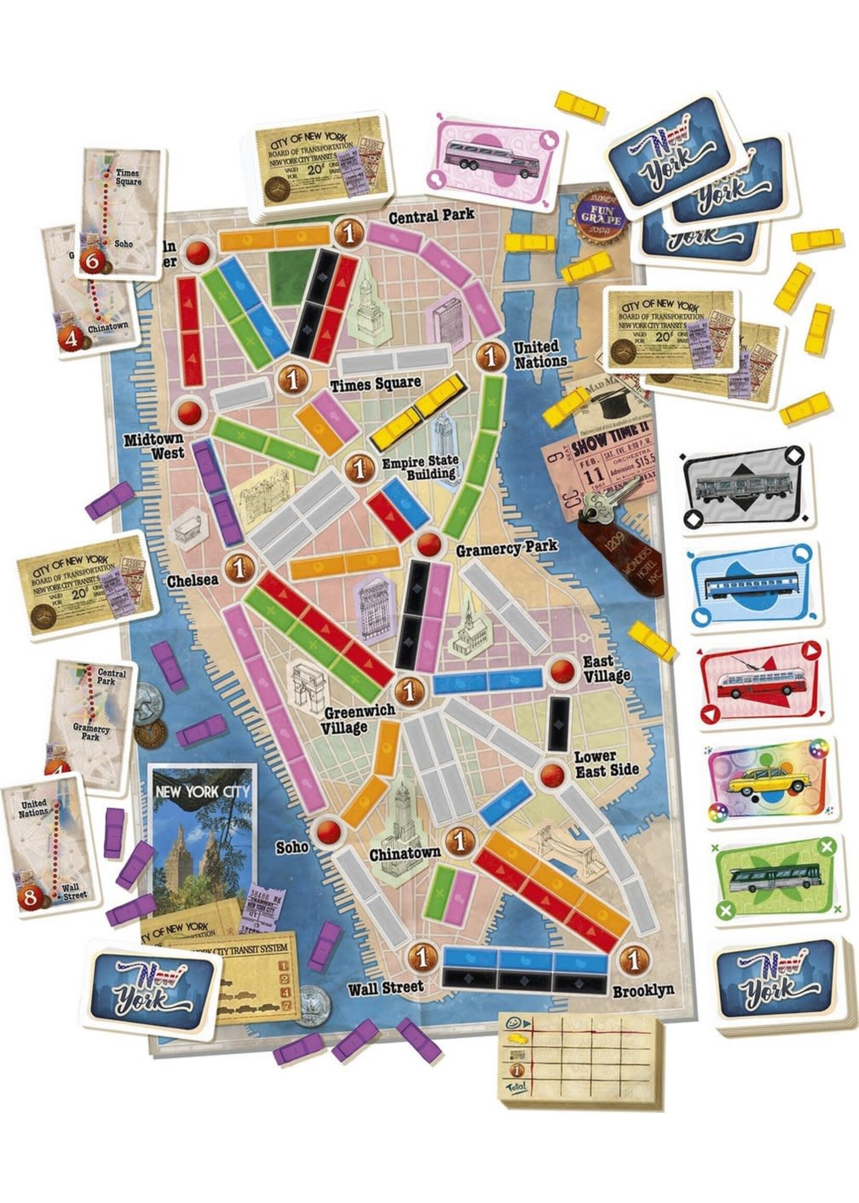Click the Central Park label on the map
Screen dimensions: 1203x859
[x=432, y=216]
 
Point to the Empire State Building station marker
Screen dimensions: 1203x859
[x=360, y=468]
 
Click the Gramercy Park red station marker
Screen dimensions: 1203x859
[x=428, y=544]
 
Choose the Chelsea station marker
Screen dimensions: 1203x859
[x=240, y=568]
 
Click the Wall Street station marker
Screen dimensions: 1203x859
[x=422, y=958]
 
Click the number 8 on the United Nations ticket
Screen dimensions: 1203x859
[x=29, y=897]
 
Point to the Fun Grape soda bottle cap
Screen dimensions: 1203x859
[x=603, y=214]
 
